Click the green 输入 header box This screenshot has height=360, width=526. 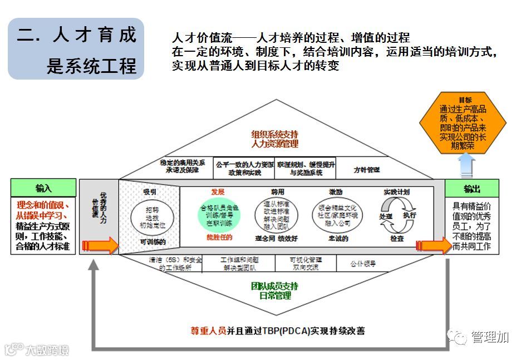pos(43,188)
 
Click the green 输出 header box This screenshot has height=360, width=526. pos(472,188)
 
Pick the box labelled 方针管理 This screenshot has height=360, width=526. pos(367,169)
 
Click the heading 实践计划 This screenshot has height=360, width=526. pos(396,192)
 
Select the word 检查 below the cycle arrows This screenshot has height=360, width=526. pos(397,239)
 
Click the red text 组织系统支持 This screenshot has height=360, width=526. pos(274,134)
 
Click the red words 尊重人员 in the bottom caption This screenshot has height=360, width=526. pos(208,331)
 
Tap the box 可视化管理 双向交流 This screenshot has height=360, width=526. pos(304,263)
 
